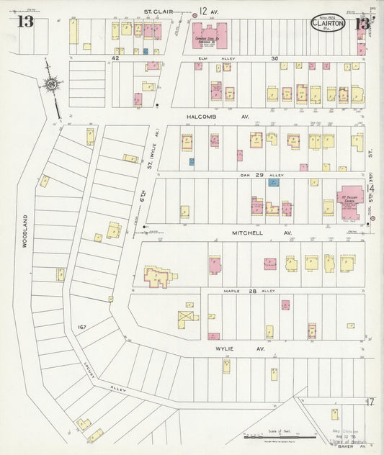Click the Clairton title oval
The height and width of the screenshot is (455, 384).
[x=328, y=22]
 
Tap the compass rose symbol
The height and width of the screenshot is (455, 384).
[x=52, y=86]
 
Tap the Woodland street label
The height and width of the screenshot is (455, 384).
[x=24, y=231]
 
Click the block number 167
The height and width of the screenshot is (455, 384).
[x=83, y=328]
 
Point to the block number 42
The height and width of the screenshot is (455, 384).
[x=115, y=58]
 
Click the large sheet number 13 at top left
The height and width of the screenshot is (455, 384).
[x=25, y=22]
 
